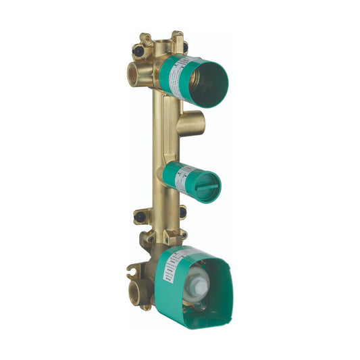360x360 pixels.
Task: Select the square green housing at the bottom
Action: point(196,277)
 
